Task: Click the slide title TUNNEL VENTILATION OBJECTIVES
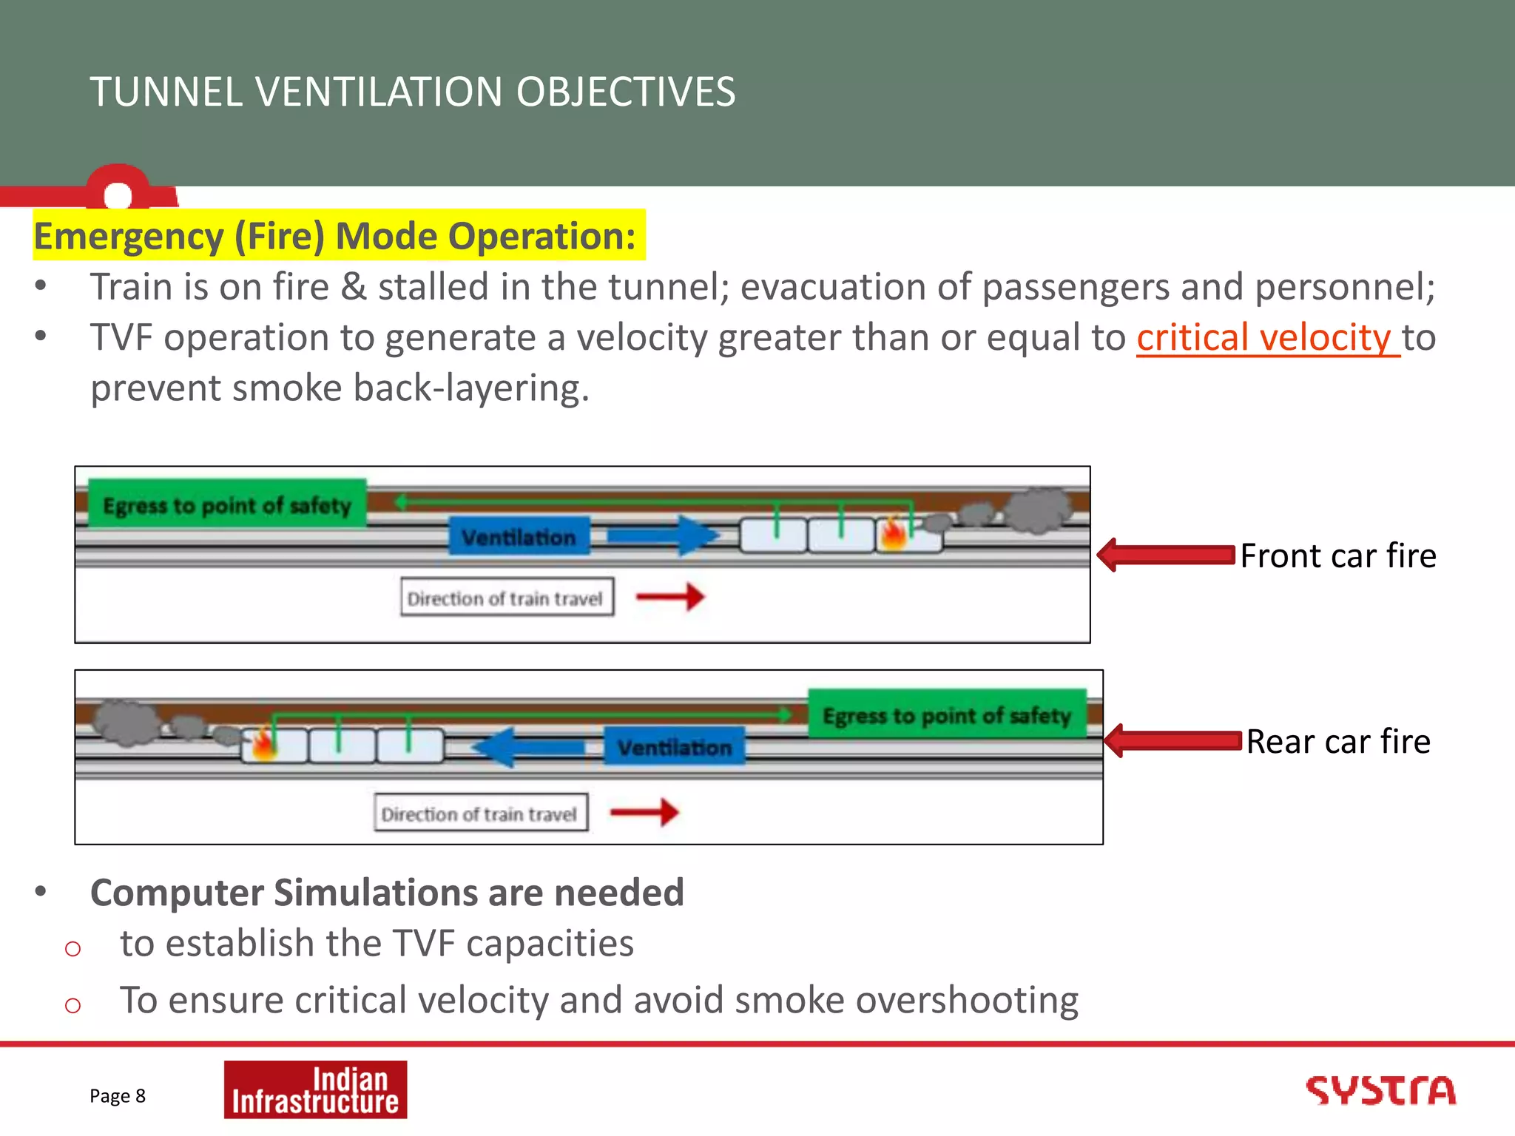tap(413, 92)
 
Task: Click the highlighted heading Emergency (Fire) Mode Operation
tap(335, 237)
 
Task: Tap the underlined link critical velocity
tap(1267, 338)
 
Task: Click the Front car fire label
tap(1337, 555)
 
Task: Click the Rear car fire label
tap(1337, 742)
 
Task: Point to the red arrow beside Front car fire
tap(1166, 555)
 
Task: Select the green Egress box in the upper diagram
tap(227, 505)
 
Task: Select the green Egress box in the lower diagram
tap(947, 715)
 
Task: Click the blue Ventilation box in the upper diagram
tap(519, 537)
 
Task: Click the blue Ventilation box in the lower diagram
tap(675, 747)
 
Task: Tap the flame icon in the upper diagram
tap(894, 534)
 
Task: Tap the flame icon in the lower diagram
tap(264, 744)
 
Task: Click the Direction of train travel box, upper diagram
tap(507, 598)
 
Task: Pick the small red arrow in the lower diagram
tap(644, 812)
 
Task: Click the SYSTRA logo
tap(1380, 1091)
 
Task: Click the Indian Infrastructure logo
tap(315, 1090)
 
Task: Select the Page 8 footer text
tap(118, 1096)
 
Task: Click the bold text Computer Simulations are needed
tap(387, 893)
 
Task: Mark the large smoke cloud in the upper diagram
tap(1039, 510)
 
